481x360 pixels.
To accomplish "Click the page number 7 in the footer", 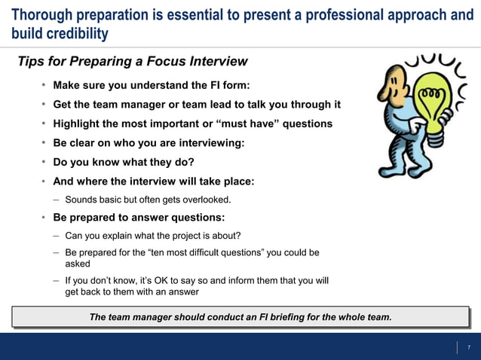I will click(468, 347).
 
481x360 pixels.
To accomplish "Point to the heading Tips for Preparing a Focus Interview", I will click(133, 62).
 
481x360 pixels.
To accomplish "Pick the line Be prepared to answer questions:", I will click(139, 218).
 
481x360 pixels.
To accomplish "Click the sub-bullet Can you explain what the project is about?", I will click(153, 236).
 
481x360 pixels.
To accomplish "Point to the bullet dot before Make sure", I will click(44, 86).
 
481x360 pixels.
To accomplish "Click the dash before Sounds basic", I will click(57, 200).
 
